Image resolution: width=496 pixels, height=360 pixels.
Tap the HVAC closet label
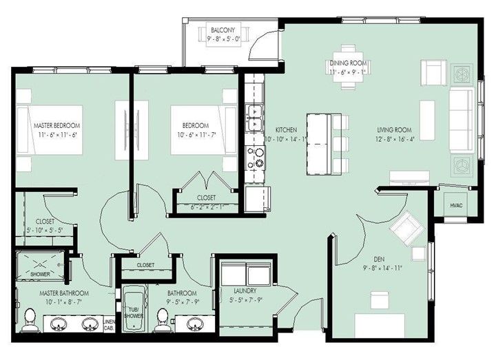(x=456, y=206)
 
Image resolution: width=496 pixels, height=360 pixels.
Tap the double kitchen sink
(x=254, y=118)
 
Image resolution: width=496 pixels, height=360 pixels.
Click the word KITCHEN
(x=285, y=129)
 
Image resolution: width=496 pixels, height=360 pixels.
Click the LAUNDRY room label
(x=245, y=290)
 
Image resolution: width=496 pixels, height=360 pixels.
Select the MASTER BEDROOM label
(x=57, y=126)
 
